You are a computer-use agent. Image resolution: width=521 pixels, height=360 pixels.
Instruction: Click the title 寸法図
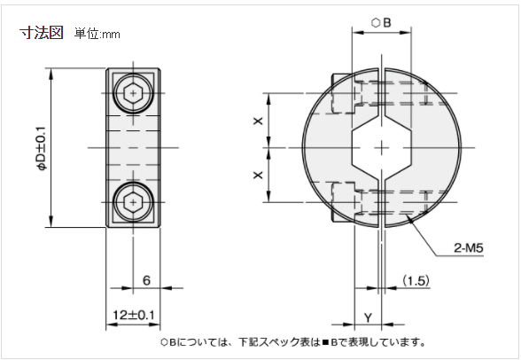[42, 33]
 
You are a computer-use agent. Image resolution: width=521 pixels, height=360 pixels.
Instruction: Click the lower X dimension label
[258, 176]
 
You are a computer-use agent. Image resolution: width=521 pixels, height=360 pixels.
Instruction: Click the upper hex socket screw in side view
[132, 90]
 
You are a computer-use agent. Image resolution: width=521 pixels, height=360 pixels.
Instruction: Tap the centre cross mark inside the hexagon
[381, 147]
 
